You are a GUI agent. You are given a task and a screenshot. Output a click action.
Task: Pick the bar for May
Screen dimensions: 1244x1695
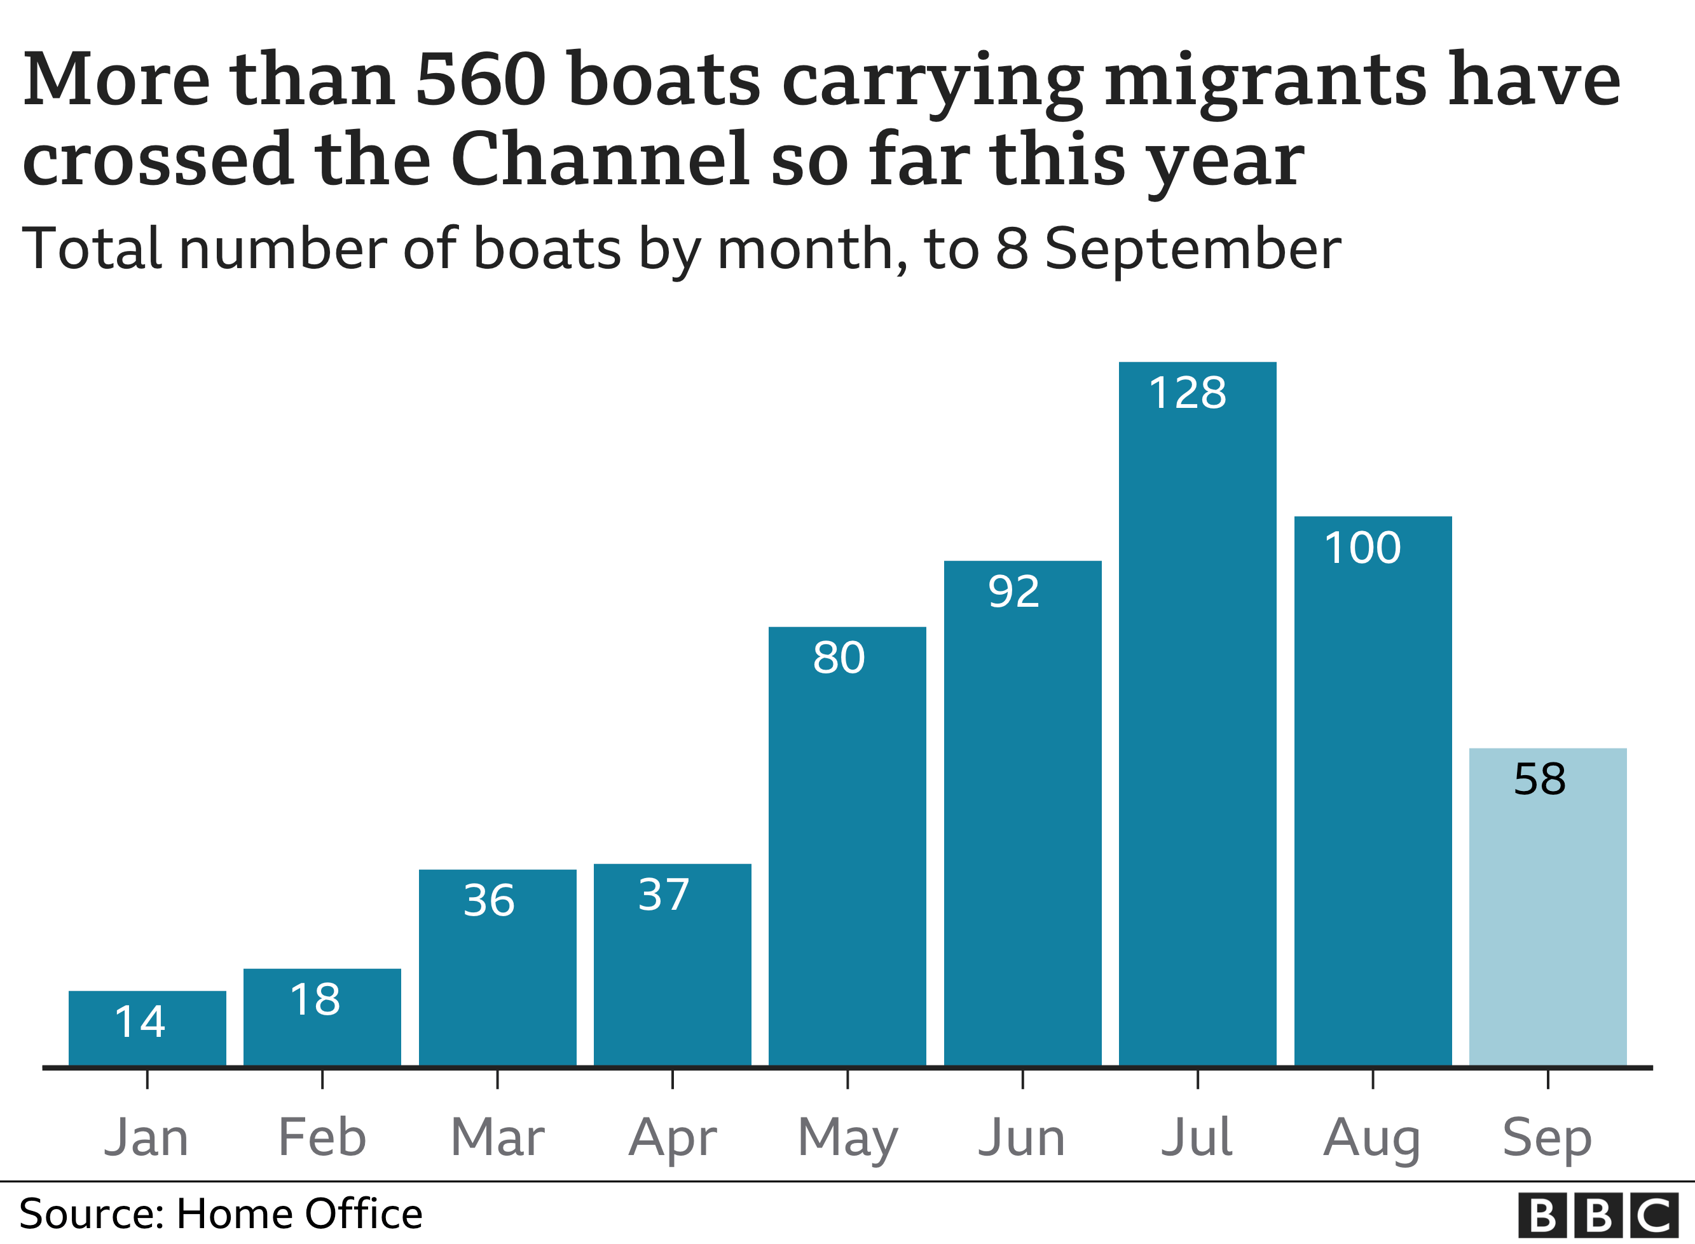click(x=847, y=851)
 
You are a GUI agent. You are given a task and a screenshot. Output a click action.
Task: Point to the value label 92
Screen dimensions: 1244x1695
click(x=1013, y=592)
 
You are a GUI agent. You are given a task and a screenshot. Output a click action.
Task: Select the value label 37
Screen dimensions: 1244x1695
click(x=663, y=895)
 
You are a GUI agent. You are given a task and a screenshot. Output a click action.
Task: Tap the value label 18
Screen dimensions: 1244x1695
click(x=314, y=1001)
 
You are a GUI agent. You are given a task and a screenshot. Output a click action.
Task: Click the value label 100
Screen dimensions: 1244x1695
click(x=1362, y=548)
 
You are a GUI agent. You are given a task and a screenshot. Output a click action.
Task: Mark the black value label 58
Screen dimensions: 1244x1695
click(x=1539, y=780)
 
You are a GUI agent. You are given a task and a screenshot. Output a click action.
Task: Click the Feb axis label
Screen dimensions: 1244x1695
click(x=322, y=1137)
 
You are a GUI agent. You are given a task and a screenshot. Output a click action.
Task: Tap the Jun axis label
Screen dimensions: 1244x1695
click(x=1022, y=1137)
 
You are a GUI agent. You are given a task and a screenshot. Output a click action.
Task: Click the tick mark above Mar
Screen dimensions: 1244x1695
click(x=497, y=1079)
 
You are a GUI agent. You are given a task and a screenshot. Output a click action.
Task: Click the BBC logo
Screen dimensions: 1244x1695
click(x=1598, y=1215)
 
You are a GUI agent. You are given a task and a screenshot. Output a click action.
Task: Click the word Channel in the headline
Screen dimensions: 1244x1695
click(x=600, y=159)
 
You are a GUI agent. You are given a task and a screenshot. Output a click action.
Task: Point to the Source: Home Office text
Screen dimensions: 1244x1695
click(x=221, y=1214)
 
